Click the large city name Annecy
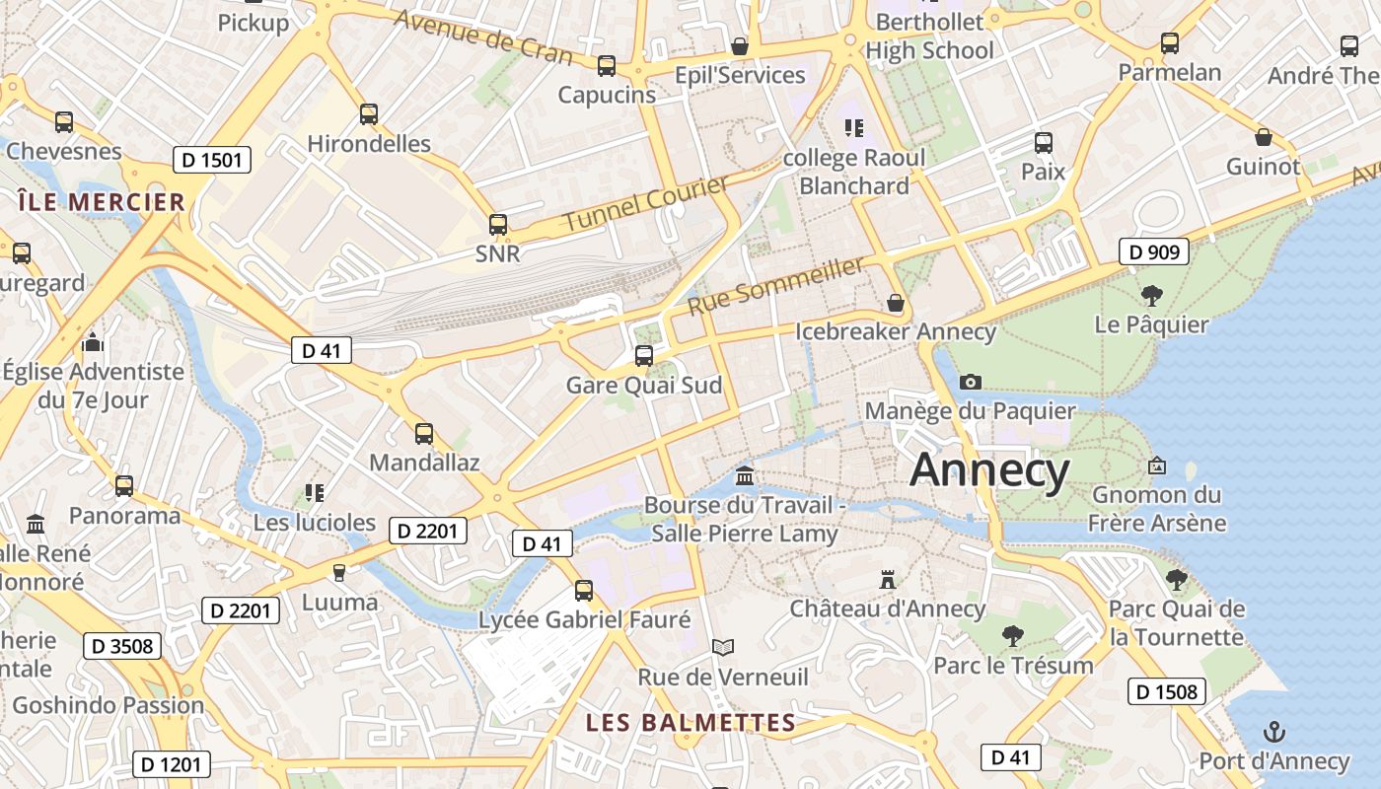989,470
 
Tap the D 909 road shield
1153,251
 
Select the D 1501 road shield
211,160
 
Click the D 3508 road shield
122,646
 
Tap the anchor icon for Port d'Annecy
1274,732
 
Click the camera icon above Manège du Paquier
971,382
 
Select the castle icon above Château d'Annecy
888,580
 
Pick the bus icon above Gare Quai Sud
644,355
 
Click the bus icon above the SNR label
498,225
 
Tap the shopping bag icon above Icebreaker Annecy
896,302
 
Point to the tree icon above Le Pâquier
1151,295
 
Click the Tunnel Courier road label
645,202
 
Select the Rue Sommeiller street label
775,284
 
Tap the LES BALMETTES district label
690,723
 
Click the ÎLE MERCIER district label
102,202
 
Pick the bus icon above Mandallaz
424,433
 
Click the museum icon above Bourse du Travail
745,477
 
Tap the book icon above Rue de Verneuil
723,647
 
